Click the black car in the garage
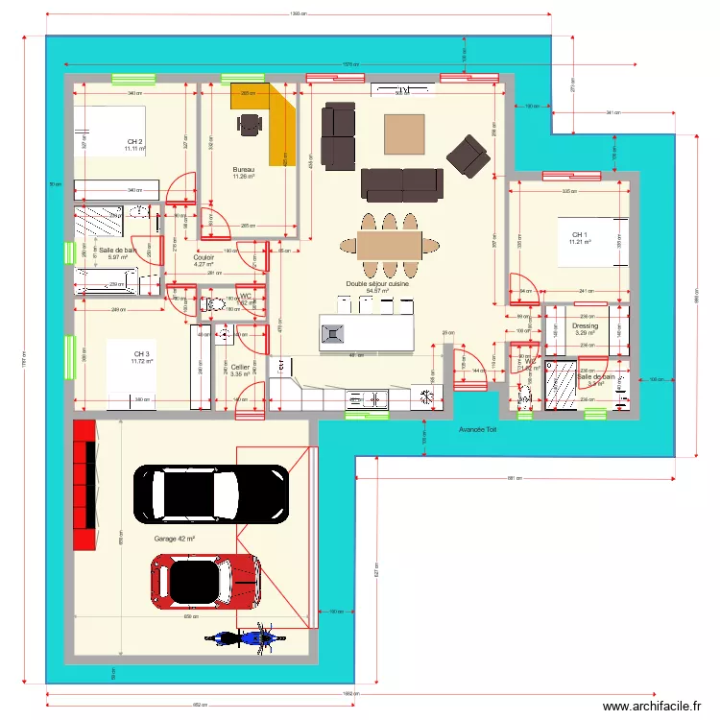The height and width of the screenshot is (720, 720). coord(212,492)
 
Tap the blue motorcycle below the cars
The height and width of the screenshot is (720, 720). coord(243,636)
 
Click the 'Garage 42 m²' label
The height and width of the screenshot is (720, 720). coord(174,540)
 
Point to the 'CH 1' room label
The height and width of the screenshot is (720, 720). coord(579,235)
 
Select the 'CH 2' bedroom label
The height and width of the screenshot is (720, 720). coord(134,142)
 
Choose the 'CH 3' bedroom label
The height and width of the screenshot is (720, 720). coord(141,354)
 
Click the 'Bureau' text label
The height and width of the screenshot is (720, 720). coord(243,169)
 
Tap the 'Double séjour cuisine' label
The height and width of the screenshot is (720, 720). coord(377,283)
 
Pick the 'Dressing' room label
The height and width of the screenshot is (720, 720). coord(585,326)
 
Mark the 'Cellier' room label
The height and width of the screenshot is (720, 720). coord(240,367)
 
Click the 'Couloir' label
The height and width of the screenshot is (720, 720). coord(204,257)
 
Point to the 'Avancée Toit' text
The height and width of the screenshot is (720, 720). coord(477,429)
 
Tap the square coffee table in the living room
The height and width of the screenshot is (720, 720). coord(403,135)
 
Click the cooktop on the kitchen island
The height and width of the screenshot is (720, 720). coord(333,333)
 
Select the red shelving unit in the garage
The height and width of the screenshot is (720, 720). coord(84,485)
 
